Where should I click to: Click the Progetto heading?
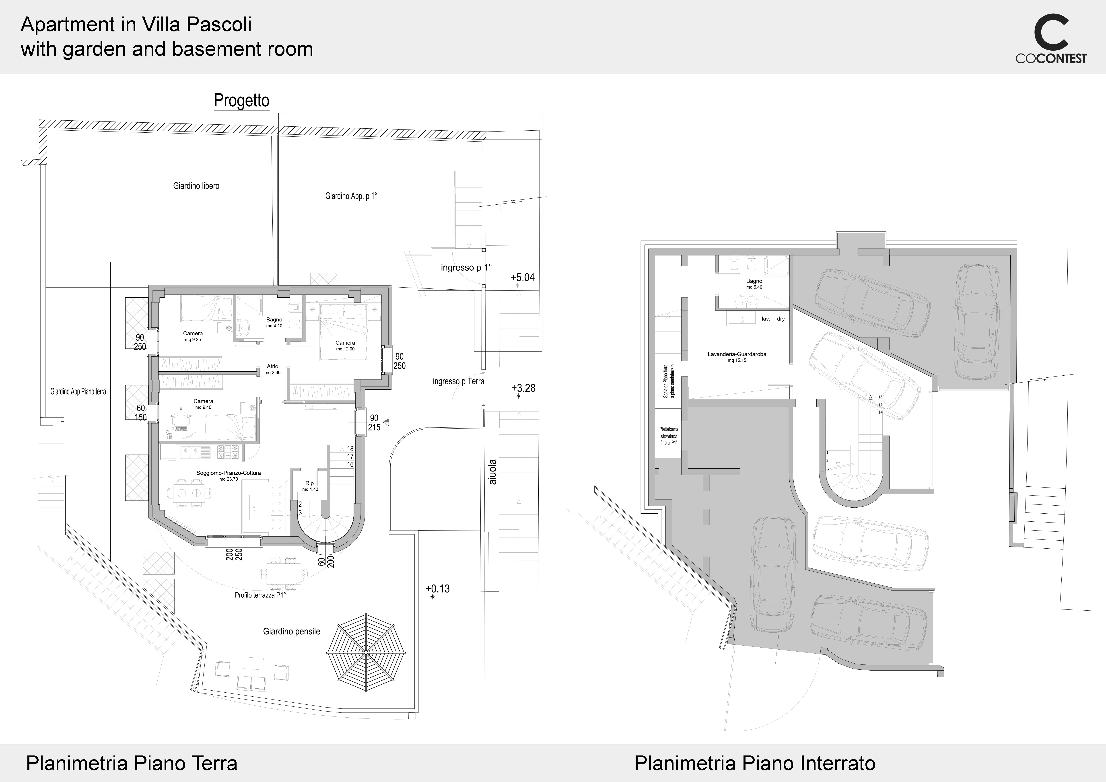[241, 101]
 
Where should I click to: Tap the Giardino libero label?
[196, 186]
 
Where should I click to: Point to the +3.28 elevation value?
[523, 388]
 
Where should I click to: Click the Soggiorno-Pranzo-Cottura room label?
[228, 476]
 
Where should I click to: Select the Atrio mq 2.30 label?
[273, 369]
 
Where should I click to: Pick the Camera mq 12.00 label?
[345, 346]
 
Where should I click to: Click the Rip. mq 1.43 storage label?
[310, 486]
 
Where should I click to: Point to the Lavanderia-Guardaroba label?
[737, 357]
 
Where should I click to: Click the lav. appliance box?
[765, 319]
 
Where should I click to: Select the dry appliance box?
[781, 319]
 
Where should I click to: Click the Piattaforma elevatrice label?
[669, 436]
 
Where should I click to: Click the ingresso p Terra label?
[458, 381]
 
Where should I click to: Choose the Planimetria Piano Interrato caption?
[755, 763]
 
